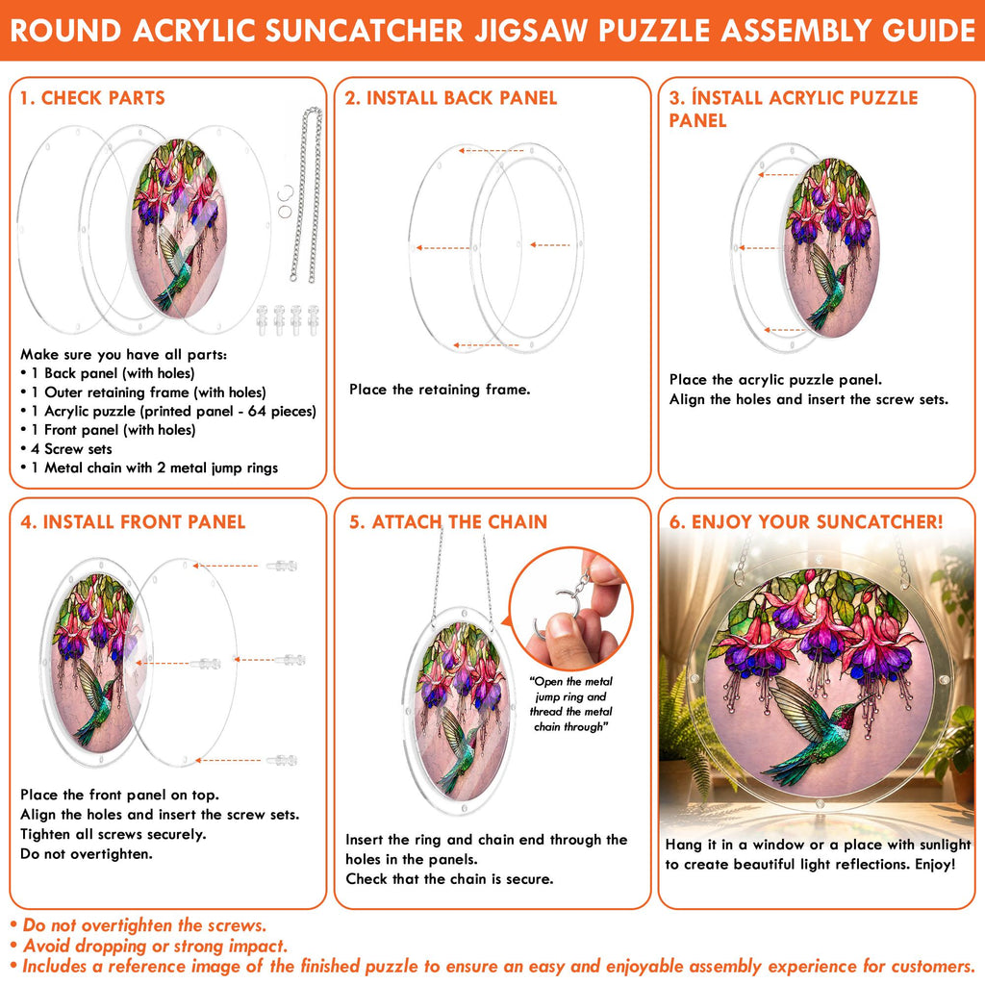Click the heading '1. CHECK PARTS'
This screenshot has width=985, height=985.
[92, 98]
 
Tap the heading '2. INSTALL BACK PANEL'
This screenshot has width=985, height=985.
[451, 98]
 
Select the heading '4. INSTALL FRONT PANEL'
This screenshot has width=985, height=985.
[133, 522]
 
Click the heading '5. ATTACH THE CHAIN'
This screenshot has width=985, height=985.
[448, 522]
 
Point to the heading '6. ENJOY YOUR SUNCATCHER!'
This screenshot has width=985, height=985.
[806, 522]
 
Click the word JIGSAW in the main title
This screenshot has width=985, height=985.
[531, 31]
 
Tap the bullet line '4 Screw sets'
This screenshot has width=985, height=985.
[71, 449]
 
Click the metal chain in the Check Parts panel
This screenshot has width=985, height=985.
[307, 194]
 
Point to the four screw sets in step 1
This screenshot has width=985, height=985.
[288, 319]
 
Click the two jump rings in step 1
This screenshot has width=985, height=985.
[285, 202]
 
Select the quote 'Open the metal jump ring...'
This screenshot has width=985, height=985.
[570, 704]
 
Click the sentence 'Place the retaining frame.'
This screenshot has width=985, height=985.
[440, 390]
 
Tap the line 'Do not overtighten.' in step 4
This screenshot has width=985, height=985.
[86, 854]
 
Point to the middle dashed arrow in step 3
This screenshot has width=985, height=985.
[759, 248]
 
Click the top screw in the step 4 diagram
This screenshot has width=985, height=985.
[282, 566]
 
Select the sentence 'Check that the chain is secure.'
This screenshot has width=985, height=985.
[449, 879]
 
